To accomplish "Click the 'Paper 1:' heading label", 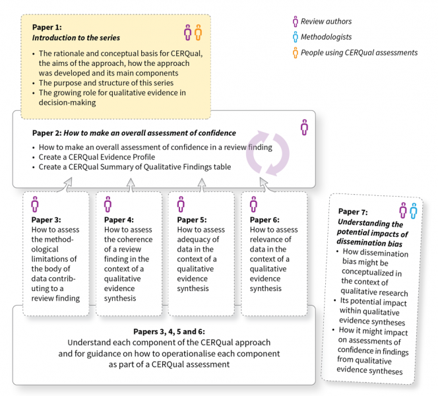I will coord(48,28).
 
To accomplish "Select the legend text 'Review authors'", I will coord(326,22).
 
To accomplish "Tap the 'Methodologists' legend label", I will coord(327,37).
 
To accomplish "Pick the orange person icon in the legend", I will coord(295,52).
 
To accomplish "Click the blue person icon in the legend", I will coord(295,37).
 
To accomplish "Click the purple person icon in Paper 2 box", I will coord(304,127).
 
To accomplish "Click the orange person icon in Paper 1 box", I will coord(198,32).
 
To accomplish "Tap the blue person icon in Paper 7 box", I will coord(413,211).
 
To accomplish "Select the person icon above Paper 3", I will coord(35,204).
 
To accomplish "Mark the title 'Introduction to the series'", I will coord(76,38).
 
